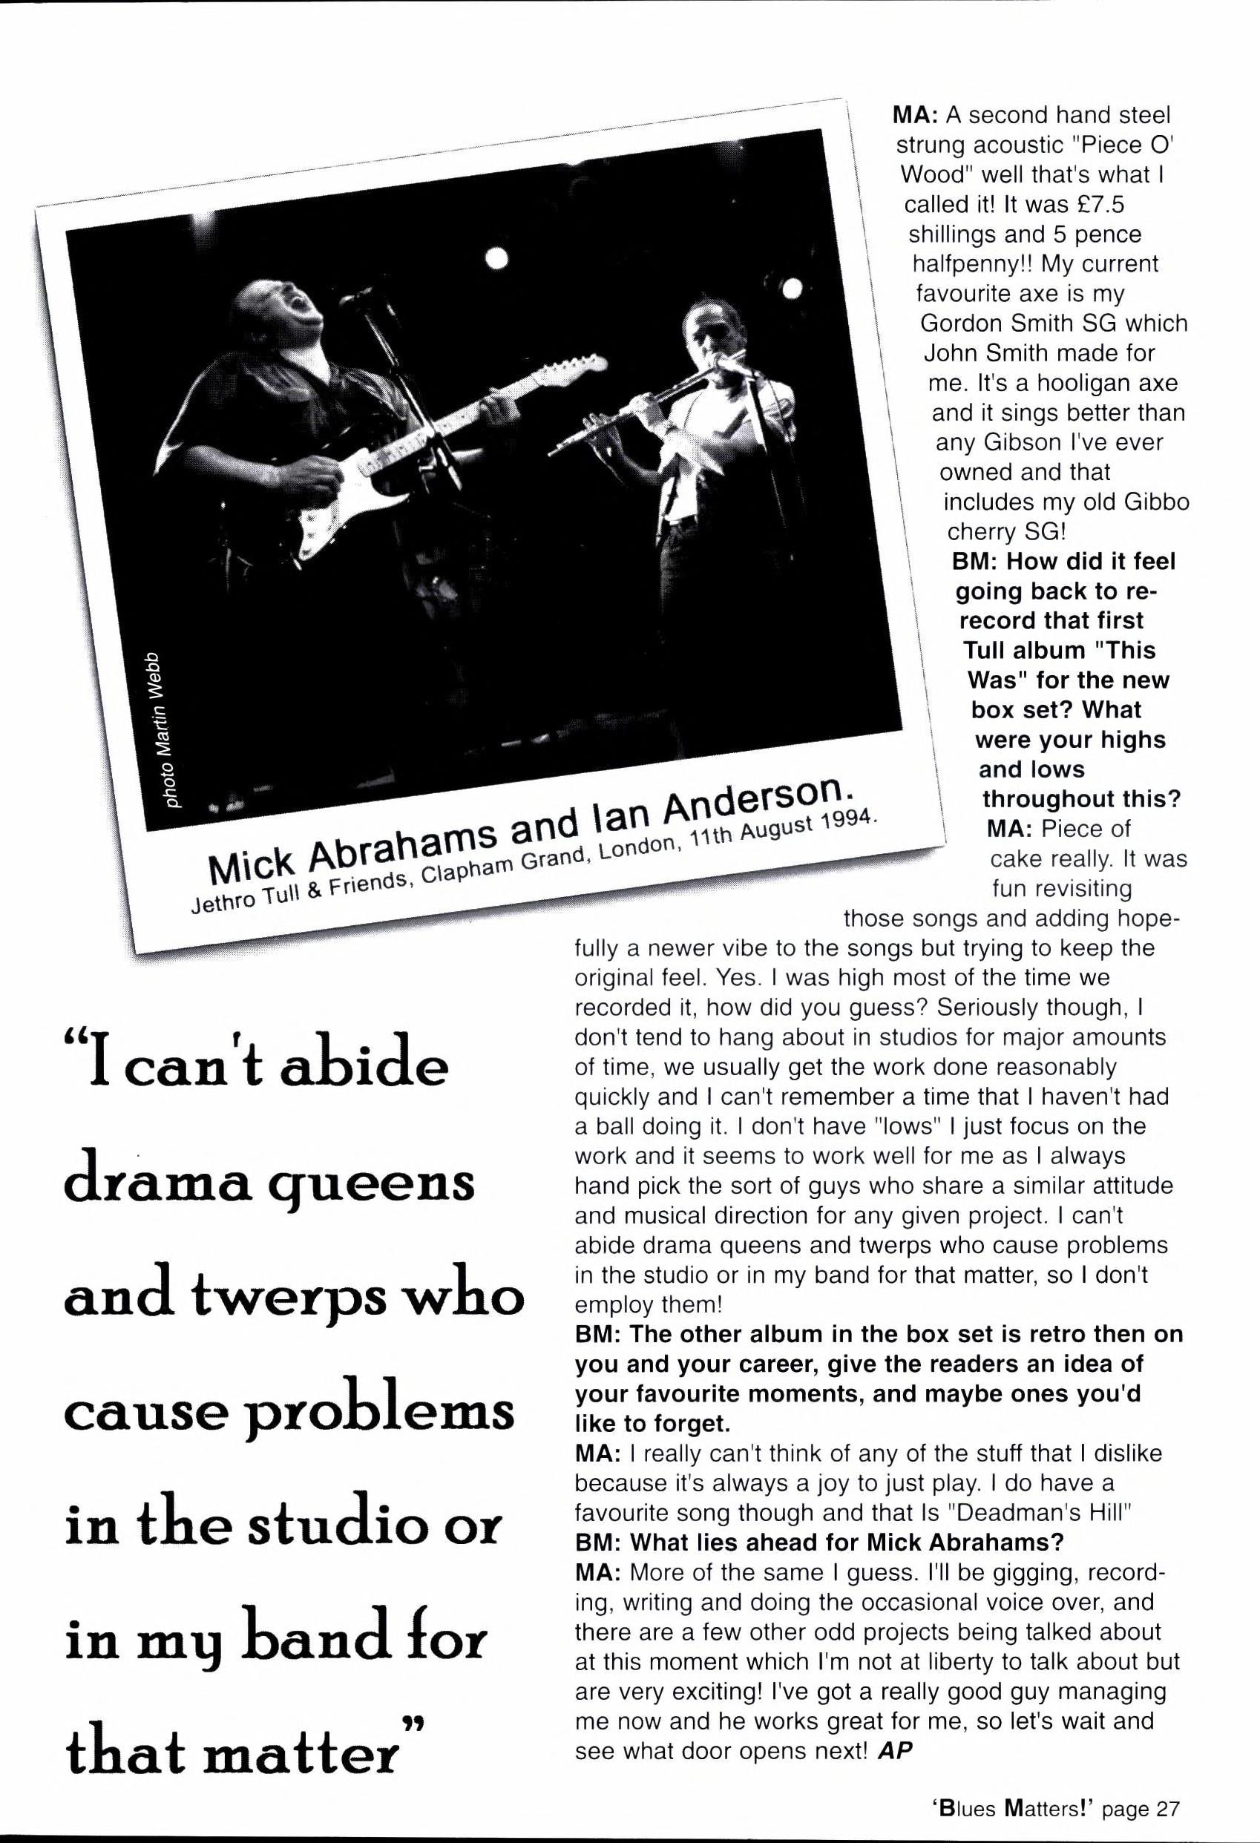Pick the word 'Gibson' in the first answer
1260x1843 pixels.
(1017, 442)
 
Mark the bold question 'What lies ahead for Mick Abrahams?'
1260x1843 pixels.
(818, 1542)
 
